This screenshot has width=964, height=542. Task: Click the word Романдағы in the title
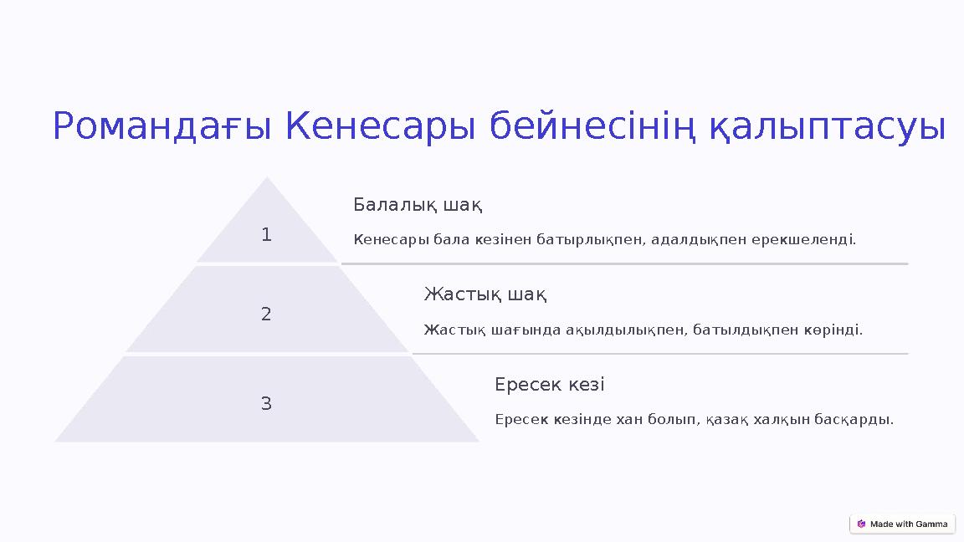tap(162, 127)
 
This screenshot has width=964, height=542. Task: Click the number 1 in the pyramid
tap(266, 235)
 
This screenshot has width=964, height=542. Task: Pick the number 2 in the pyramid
tap(266, 314)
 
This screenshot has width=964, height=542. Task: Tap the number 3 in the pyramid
tap(266, 404)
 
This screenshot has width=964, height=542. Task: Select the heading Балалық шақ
tap(418, 205)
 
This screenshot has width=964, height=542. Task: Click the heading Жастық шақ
tap(485, 294)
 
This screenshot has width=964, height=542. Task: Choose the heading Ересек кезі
tap(549, 385)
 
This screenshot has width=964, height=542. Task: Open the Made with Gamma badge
tap(902, 524)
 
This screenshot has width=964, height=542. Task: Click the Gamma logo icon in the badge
tap(861, 524)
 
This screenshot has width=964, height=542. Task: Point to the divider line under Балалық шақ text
tap(624, 263)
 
